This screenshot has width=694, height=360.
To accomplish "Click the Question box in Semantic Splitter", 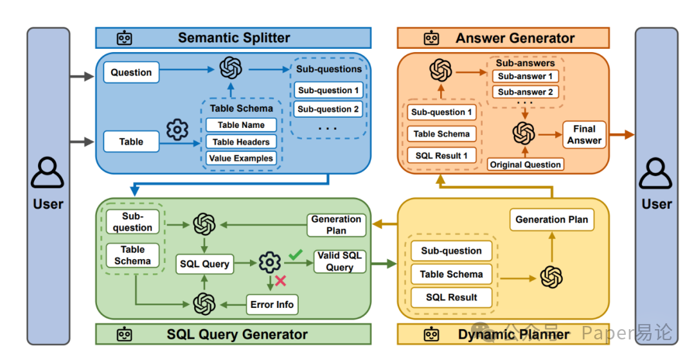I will coord(131,73).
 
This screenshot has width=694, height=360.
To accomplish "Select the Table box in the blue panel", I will coord(131,141).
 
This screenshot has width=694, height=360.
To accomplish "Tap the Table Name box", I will coord(241,125).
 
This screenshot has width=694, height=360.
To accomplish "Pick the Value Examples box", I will coord(241,158).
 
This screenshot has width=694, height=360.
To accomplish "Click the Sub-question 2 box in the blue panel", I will coord(328,109).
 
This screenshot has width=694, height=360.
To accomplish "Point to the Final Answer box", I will coord(584,134).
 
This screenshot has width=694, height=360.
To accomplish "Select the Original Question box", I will coord(526,165).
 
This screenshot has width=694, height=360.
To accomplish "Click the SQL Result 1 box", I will coord(441,156).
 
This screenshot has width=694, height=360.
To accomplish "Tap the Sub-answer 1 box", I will coord(525,76).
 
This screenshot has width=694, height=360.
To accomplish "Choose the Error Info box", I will coord(272,304).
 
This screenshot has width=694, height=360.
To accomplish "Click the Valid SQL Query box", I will coord(339,262).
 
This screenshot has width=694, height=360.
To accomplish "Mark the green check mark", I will coord(295,255).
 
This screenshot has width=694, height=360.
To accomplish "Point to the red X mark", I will coord(280,280).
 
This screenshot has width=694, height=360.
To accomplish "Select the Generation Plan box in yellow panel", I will coord(551,219).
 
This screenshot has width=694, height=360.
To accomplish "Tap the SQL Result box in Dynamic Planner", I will coord(452,297).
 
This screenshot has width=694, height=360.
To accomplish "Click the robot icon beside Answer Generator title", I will coord(432,38).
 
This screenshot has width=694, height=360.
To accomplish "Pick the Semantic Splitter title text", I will coord(234,38).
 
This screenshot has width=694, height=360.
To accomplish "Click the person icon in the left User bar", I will coord(48,173).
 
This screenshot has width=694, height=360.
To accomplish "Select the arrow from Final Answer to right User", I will coord(621,134).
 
